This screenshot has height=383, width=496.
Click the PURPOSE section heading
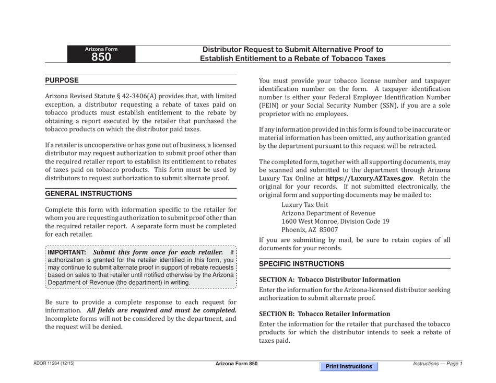coord(62,80)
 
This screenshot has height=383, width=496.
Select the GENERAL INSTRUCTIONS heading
coord(88,193)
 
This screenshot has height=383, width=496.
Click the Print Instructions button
coord(349,367)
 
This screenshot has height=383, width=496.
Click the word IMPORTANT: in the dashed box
coord(67,252)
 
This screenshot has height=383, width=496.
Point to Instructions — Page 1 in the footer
coord(438,364)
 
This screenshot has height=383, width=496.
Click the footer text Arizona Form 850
coord(237,364)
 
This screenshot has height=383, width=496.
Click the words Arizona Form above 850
coord(101,49)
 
